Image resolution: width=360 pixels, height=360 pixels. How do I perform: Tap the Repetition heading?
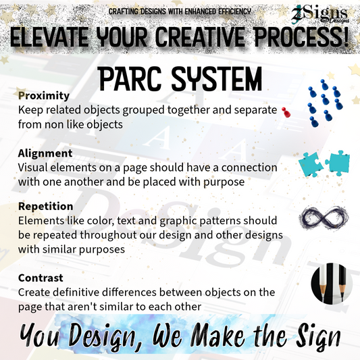[45, 206]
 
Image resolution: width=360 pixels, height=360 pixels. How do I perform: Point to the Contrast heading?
[41, 278]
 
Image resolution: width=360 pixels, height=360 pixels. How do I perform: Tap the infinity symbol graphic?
[323, 219]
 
